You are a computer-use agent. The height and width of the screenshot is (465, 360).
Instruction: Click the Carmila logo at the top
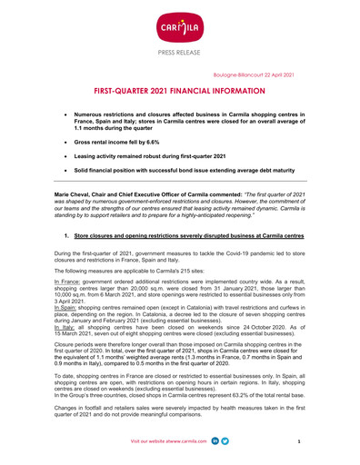point(180,20)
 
